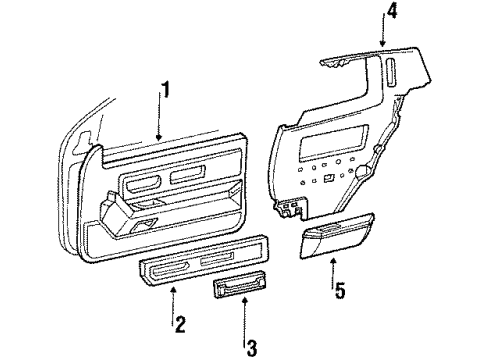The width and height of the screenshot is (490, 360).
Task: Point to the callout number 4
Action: coord(391,13)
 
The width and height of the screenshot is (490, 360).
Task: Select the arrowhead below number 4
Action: coord(382,48)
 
